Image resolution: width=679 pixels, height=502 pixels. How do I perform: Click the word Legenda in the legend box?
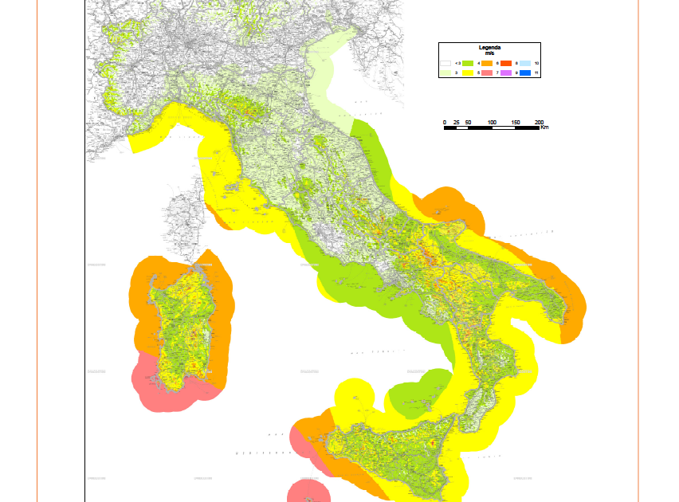[489, 48]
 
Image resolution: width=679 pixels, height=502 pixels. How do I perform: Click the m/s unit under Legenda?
[489, 53]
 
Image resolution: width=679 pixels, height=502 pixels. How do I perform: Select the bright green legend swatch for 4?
[468, 63]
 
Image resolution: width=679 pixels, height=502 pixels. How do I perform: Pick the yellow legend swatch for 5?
[468, 73]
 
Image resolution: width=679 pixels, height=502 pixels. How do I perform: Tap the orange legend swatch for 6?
[487, 63]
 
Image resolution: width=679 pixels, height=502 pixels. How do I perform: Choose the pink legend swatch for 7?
[487, 73]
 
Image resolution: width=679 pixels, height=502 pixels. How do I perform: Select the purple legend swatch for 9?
[506, 73]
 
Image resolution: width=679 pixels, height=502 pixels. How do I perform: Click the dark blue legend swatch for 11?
[525, 73]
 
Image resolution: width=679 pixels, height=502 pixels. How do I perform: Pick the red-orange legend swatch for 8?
[506, 63]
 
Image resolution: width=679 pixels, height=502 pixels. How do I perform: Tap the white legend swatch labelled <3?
[445, 63]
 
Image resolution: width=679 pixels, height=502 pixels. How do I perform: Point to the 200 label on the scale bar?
[539, 122]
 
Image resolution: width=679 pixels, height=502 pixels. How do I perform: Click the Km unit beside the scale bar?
[544, 127]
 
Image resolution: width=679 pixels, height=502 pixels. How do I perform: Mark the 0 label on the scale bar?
[445, 122]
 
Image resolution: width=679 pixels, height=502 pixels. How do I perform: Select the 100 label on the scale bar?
[492, 122]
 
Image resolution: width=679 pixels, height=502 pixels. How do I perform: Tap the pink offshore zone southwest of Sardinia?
[163, 386]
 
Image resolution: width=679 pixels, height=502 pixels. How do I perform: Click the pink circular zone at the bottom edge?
[307, 492]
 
